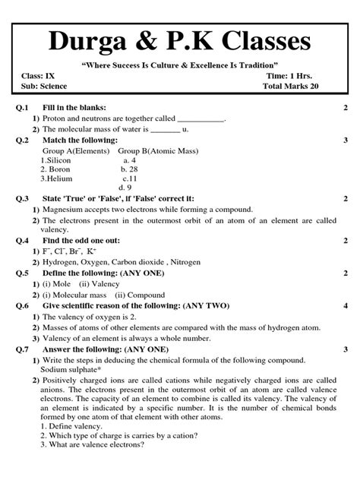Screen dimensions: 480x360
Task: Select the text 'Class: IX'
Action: [38, 76]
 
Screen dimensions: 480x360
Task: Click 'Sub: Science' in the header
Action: [45, 87]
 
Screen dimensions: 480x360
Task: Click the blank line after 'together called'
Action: [201, 119]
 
